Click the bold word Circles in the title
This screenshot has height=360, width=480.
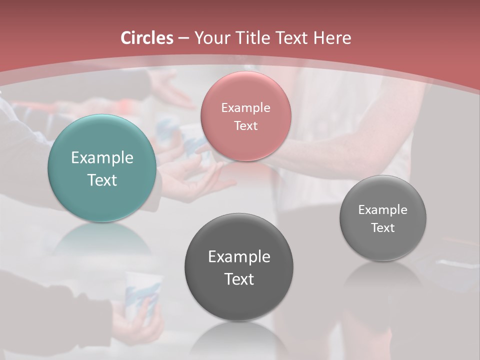pos(147,38)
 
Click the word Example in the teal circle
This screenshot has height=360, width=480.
pos(102,158)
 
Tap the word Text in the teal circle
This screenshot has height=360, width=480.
pos(102,180)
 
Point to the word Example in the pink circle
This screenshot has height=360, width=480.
pos(245,108)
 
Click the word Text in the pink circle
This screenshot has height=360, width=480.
pos(245,126)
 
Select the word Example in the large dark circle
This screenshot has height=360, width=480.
pos(238,257)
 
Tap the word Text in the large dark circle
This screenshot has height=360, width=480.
pos(238,279)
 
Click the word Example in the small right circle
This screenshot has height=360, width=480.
pos(382,210)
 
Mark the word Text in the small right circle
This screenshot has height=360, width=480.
pos(382,228)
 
